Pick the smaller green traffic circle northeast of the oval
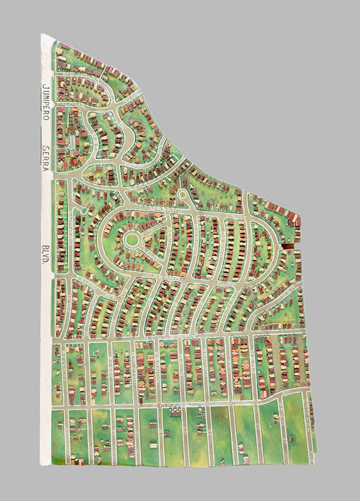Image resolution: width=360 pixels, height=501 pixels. [x=182, y=195]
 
